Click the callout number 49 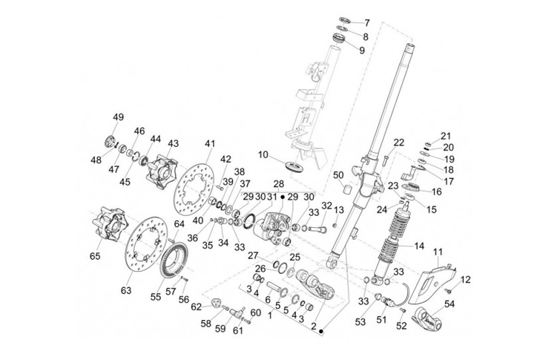click(119, 117)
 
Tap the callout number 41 click(210, 143)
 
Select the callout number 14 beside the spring click(419, 246)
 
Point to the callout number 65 click(95, 255)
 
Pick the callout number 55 click(156, 297)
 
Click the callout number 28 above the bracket click(278, 184)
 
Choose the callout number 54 click(449, 304)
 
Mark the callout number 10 click(263, 155)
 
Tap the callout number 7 click(367, 23)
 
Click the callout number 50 click(338, 175)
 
